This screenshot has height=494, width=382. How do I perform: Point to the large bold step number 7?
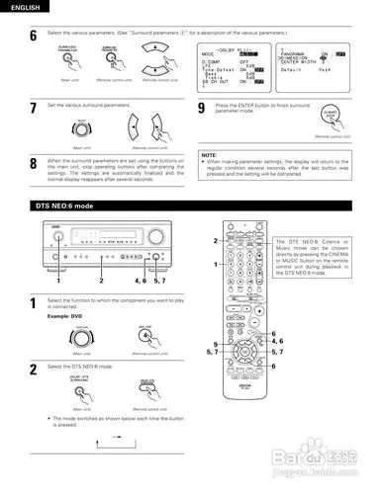click(x=33, y=108)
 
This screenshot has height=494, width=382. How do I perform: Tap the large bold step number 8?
click(x=33, y=161)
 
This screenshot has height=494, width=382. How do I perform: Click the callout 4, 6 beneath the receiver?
click(x=140, y=282)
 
